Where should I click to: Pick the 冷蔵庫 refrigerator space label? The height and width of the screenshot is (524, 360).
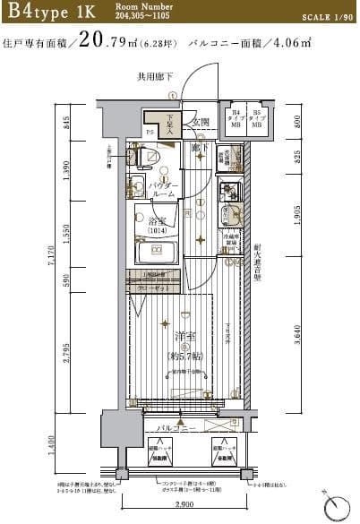tap(230, 241)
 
